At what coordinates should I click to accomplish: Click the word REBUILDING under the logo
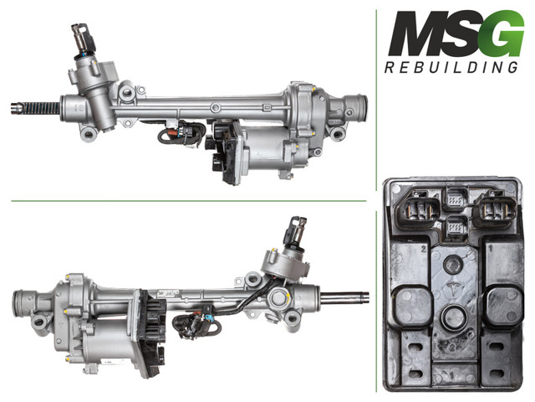point(451,68)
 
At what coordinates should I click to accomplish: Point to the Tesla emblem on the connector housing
point(452,288)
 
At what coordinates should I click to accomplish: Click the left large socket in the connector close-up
point(418,209)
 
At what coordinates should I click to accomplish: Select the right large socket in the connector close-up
point(495,209)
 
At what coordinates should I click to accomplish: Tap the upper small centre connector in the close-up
point(455,198)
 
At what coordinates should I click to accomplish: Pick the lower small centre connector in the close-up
point(455,227)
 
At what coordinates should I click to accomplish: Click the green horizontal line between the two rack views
point(189,201)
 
